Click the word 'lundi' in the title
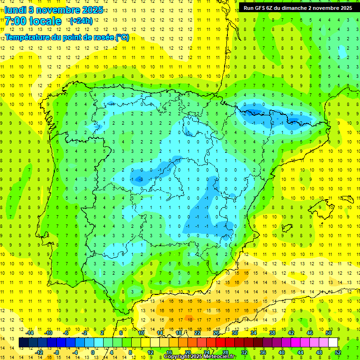pyautogui.click(x=15, y=9)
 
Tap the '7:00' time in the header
pyautogui.click(x=15, y=21)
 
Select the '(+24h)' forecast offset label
pyautogui.click(x=81, y=21)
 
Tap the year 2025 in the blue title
pyautogui.click(x=92, y=9)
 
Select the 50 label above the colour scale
pyautogui.click(x=329, y=333)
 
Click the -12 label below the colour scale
pyautogui.click(x=39, y=352)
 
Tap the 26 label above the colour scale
pyautogui.click(x=216, y=333)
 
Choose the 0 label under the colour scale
pyautogui.click(x=93, y=352)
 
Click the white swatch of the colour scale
pyautogui.click(x=333, y=343)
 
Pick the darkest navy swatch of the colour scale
pyautogui.click(x=23, y=343)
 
